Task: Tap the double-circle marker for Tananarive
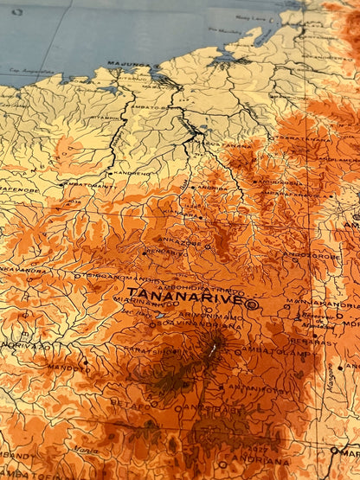click(251, 304)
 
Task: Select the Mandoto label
click(62, 368)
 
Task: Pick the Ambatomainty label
click(91, 184)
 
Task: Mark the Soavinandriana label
click(209, 326)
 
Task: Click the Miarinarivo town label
click(140, 302)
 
